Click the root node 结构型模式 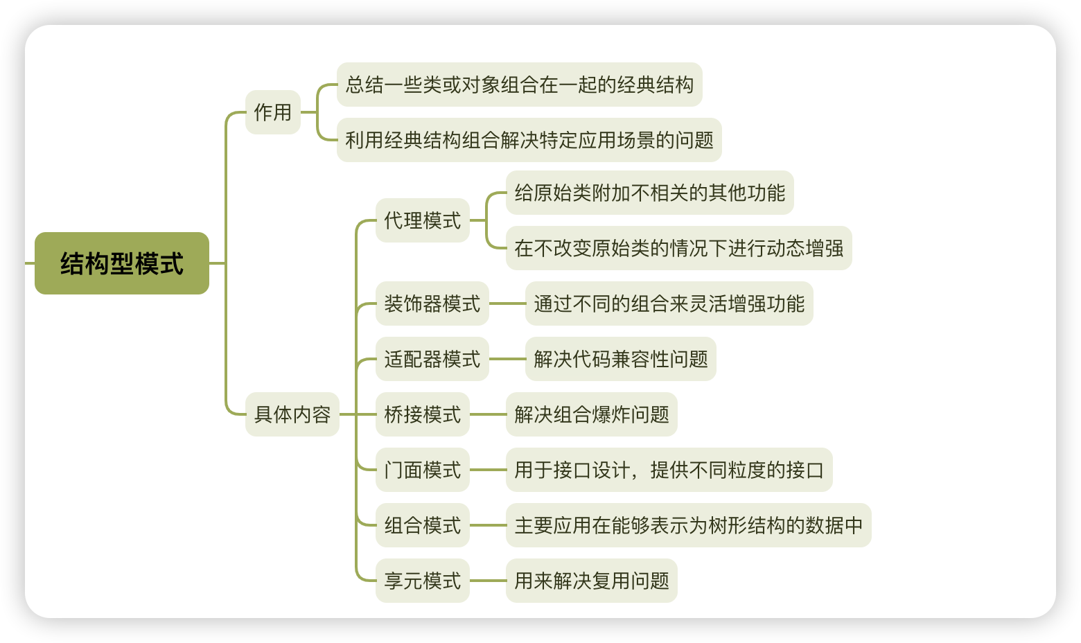click(x=122, y=263)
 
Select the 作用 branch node click(x=273, y=112)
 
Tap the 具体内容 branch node click(x=292, y=414)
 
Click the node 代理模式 click(x=423, y=220)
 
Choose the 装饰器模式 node click(x=432, y=303)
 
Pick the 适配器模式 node click(x=432, y=359)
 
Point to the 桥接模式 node click(x=423, y=414)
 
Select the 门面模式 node click(x=423, y=470)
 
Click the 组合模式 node click(x=423, y=525)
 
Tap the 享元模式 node click(x=423, y=581)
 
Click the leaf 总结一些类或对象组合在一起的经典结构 click(x=520, y=85)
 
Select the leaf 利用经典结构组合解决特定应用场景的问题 click(x=529, y=140)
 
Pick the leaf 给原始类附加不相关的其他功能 click(x=650, y=193)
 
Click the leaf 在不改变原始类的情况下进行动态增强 click(x=679, y=248)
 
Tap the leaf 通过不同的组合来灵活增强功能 click(x=669, y=303)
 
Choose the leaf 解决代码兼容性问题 click(x=621, y=359)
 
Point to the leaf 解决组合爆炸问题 click(x=592, y=414)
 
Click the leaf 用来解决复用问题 click(x=592, y=581)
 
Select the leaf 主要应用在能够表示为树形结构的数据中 click(x=689, y=525)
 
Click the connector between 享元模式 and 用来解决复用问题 click(x=488, y=581)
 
